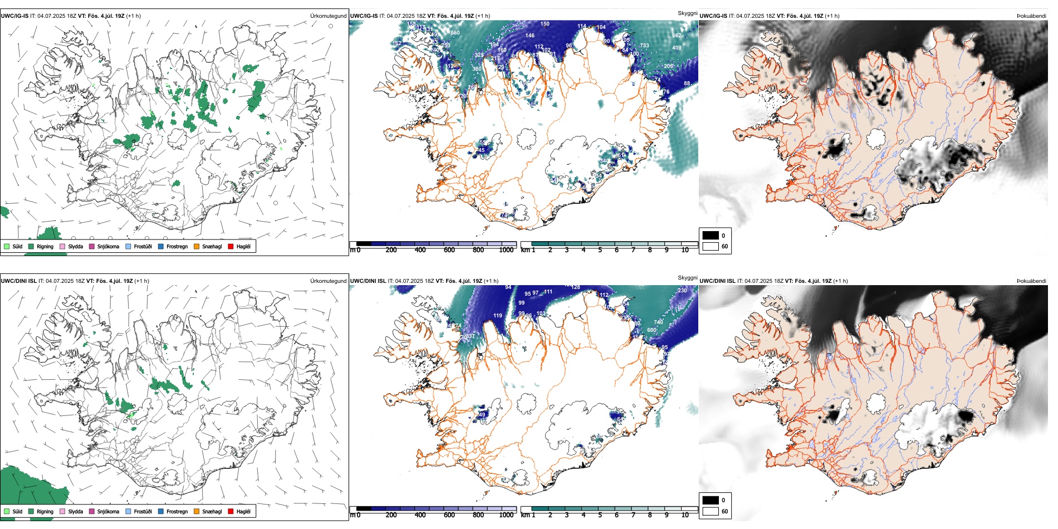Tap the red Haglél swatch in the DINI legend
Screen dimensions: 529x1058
coord(231,511)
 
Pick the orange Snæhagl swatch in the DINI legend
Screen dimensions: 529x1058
coord(197,511)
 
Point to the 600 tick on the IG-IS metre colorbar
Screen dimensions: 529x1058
coord(449,250)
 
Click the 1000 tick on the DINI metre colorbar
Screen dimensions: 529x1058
coord(506,515)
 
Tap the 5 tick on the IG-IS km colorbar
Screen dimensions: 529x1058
coord(600,250)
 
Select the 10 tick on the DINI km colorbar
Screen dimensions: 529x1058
coord(685,515)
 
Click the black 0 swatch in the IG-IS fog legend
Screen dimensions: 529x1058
coord(711,236)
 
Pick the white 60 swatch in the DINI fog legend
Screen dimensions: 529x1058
coord(711,511)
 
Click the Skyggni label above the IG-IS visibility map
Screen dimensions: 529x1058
coord(687,13)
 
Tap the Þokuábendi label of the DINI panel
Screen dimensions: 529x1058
coord(1031,281)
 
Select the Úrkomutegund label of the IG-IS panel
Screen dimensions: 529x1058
coord(328,16)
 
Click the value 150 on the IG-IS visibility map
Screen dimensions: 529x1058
coord(545,24)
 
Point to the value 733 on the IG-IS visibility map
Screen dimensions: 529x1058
coord(644,46)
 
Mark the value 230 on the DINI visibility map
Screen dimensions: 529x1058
coord(682,291)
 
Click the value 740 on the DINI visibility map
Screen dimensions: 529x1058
coord(658,322)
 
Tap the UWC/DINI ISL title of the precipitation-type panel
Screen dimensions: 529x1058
coord(18,281)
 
